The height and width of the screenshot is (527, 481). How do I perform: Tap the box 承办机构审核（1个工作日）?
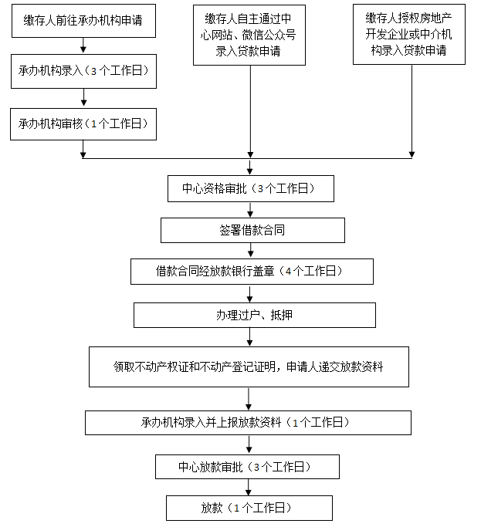(x=83, y=123)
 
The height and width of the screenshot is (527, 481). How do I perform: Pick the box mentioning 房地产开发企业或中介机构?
(x=409, y=34)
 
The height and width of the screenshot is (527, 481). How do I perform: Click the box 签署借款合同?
(x=252, y=230)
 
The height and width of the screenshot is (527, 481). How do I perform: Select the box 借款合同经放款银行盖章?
(x=252, y=271)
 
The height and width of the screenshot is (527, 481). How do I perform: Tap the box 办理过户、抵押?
(x=255, y=315)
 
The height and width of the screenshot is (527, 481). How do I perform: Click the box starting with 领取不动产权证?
(x=248, y=367)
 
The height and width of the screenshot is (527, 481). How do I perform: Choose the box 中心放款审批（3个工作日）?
(x=248, y=467)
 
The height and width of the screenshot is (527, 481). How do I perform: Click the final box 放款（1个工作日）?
(x=249, y=508)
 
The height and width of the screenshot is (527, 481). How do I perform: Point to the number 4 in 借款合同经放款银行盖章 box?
(x=287, y=272)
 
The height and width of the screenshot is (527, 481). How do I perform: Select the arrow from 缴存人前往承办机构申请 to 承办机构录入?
(x=83, y=46)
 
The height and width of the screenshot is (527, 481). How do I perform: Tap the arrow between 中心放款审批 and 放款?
(x=248, y=487)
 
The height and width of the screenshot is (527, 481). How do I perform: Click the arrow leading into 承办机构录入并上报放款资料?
(x=248, y=399)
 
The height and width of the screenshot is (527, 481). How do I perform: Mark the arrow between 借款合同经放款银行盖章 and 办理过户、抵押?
(x=249, y=293)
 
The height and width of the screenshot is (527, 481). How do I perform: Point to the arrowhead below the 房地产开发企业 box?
(x=410, y=151)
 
